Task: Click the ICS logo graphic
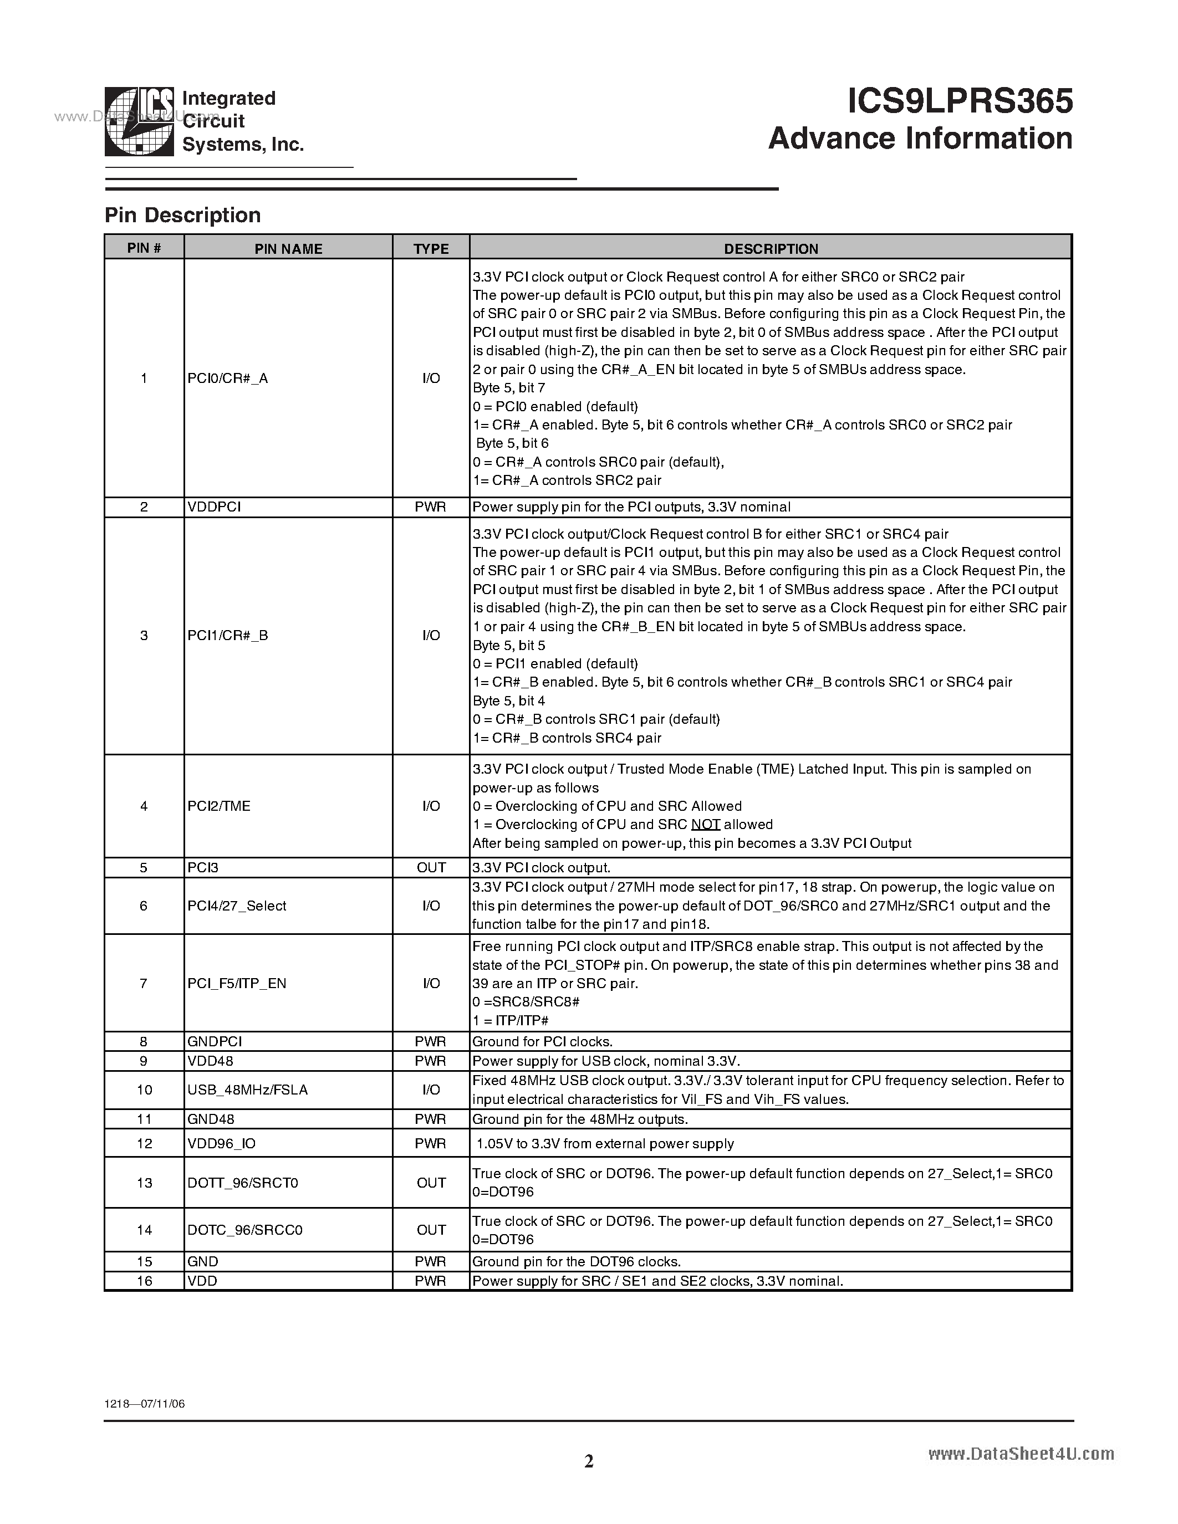coord(139,121)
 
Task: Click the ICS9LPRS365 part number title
coord(960,102)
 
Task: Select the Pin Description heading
coord(182,215)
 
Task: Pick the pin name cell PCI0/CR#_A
coord(227,378)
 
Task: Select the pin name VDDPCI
coord(213,507)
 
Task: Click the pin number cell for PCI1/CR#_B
coord(144,636)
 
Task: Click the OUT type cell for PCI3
coord(431,867)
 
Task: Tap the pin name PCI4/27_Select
coord(237,906)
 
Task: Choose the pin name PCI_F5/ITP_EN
coord(237,983)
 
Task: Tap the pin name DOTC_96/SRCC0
coord(244,1230)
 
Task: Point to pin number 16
coord(144,1281)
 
